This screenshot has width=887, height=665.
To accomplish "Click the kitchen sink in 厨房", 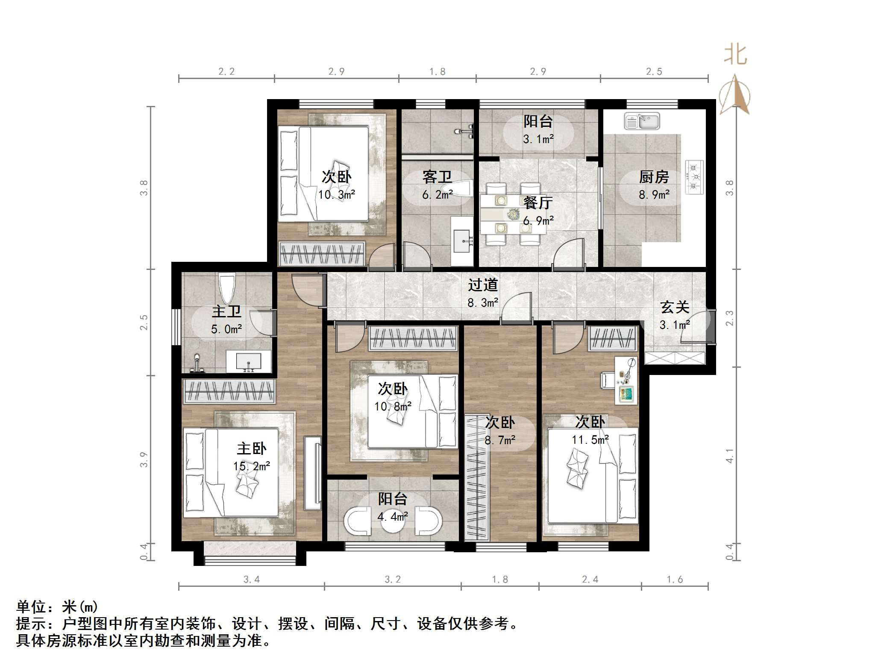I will point(642,121).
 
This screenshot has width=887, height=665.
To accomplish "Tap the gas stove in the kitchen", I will point(695,177).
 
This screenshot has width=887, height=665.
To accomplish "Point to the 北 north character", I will point(735,55).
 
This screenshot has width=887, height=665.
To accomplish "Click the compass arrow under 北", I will point(735,95).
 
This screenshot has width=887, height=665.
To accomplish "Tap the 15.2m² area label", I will point(251,466).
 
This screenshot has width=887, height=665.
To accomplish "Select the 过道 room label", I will point(483,285).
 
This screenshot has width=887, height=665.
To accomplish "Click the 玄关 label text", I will point(675,307).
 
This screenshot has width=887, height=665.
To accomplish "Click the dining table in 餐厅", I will point(513,214).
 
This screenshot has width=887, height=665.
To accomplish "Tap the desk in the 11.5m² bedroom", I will point(626,381).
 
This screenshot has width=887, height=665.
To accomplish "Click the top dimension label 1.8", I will point(438,72).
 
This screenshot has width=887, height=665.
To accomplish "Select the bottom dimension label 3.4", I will point(251,580).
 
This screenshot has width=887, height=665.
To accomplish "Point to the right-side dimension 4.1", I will point(730,456).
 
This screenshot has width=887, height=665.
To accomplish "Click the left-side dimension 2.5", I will point(144,322).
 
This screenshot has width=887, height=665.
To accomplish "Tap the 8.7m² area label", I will point(500,440).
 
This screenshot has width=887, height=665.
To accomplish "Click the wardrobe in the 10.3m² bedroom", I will point(321,254).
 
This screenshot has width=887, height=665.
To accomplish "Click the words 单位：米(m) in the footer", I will point(57,607).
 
